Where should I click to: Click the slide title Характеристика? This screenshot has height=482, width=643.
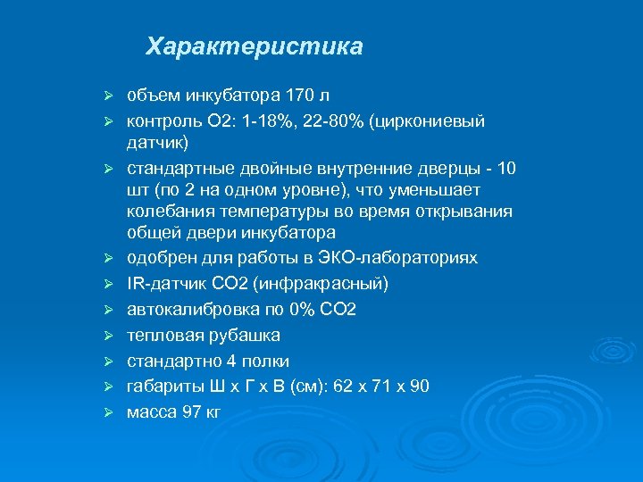point(255,46)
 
